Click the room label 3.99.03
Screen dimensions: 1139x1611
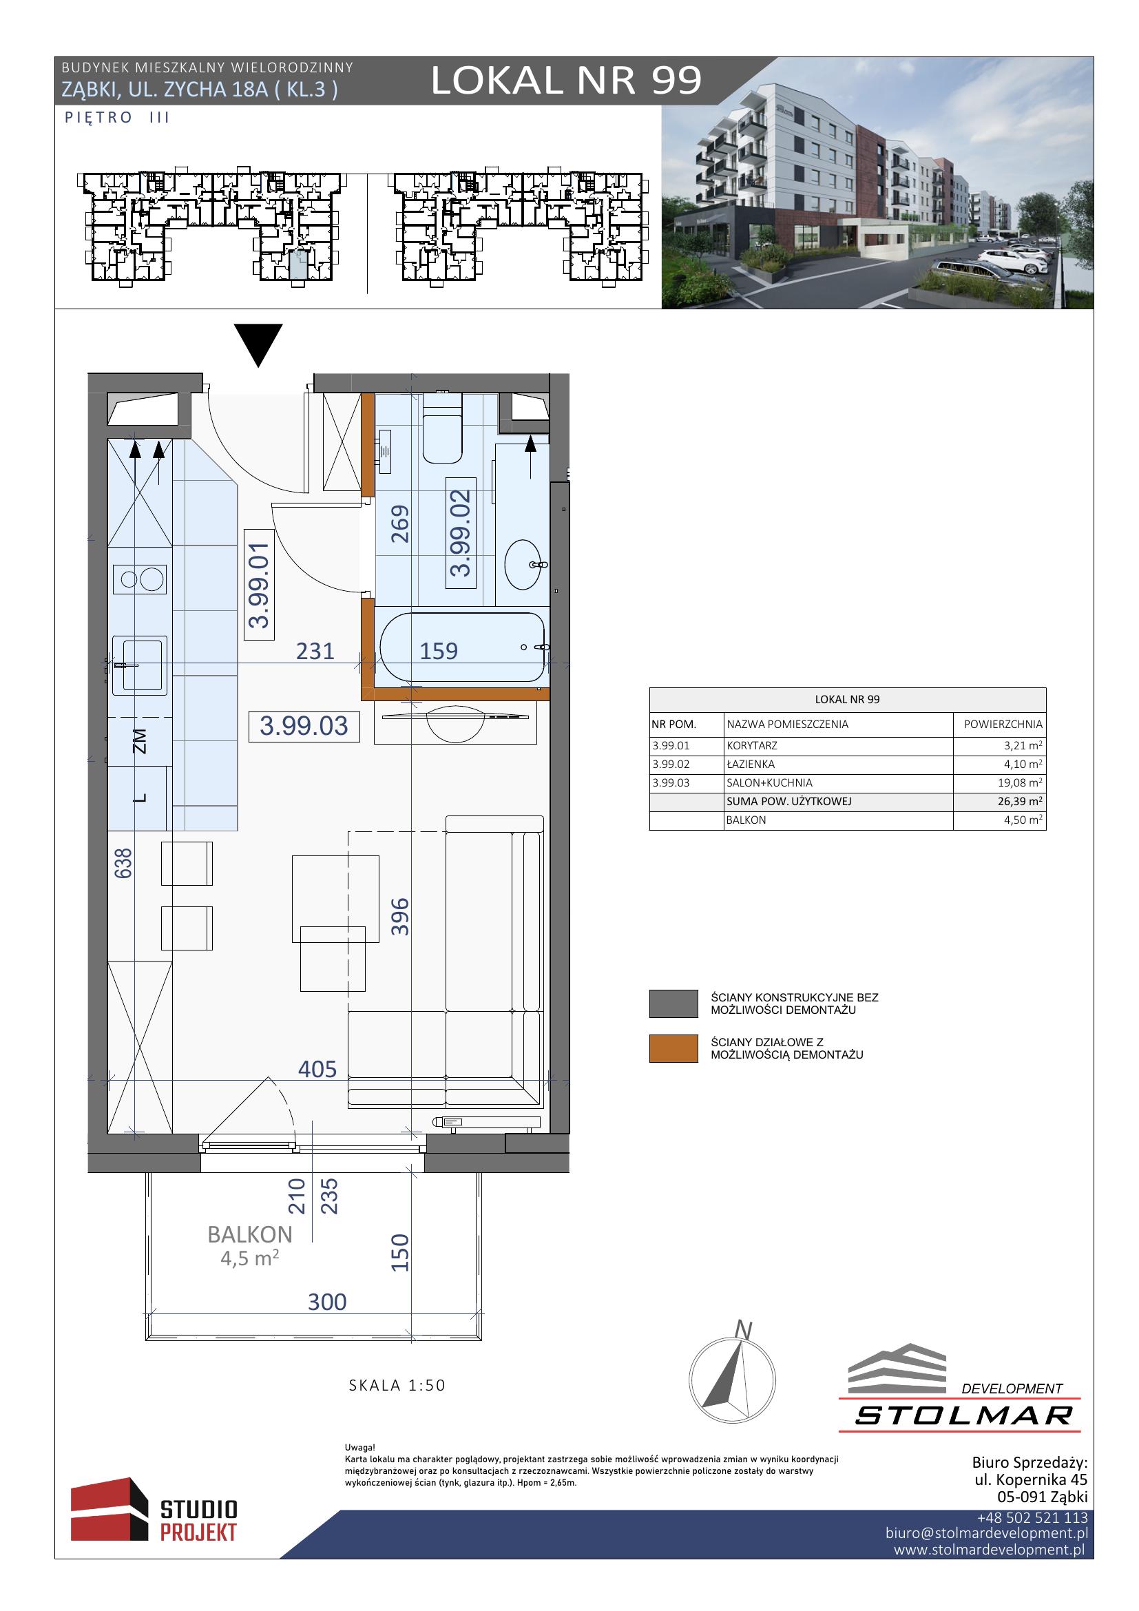304,726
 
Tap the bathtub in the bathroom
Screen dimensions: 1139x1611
462,647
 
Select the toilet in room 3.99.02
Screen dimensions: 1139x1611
442,428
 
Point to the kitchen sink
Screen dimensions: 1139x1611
140,665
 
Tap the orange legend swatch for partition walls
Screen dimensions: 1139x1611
673,1048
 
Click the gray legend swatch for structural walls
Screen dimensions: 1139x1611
673,1004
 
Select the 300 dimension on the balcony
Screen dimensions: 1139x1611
327,1302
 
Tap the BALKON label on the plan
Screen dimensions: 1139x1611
250,1234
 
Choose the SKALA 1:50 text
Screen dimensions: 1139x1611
397,1385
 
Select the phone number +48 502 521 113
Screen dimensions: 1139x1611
1032,1518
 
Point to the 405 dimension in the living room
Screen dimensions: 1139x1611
317,1069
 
